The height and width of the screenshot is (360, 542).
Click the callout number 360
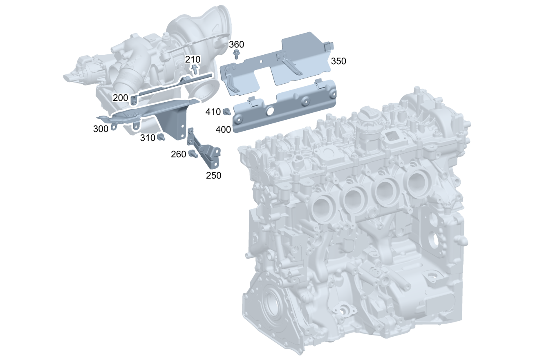pos(236,45)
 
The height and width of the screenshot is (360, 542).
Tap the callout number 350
pos(338,61)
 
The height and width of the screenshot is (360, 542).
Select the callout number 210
pos(193,59)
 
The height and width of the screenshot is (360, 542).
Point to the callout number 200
pos(121,98)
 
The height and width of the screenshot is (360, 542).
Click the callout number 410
pos(213,112)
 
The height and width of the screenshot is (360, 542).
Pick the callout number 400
pos(223,130)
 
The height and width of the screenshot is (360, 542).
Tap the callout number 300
pos(101,129)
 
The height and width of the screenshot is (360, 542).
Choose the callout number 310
pos(148,138)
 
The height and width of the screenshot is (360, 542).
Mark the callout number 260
pos(178,154)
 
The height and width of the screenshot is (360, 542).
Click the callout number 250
pos(213,175)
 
